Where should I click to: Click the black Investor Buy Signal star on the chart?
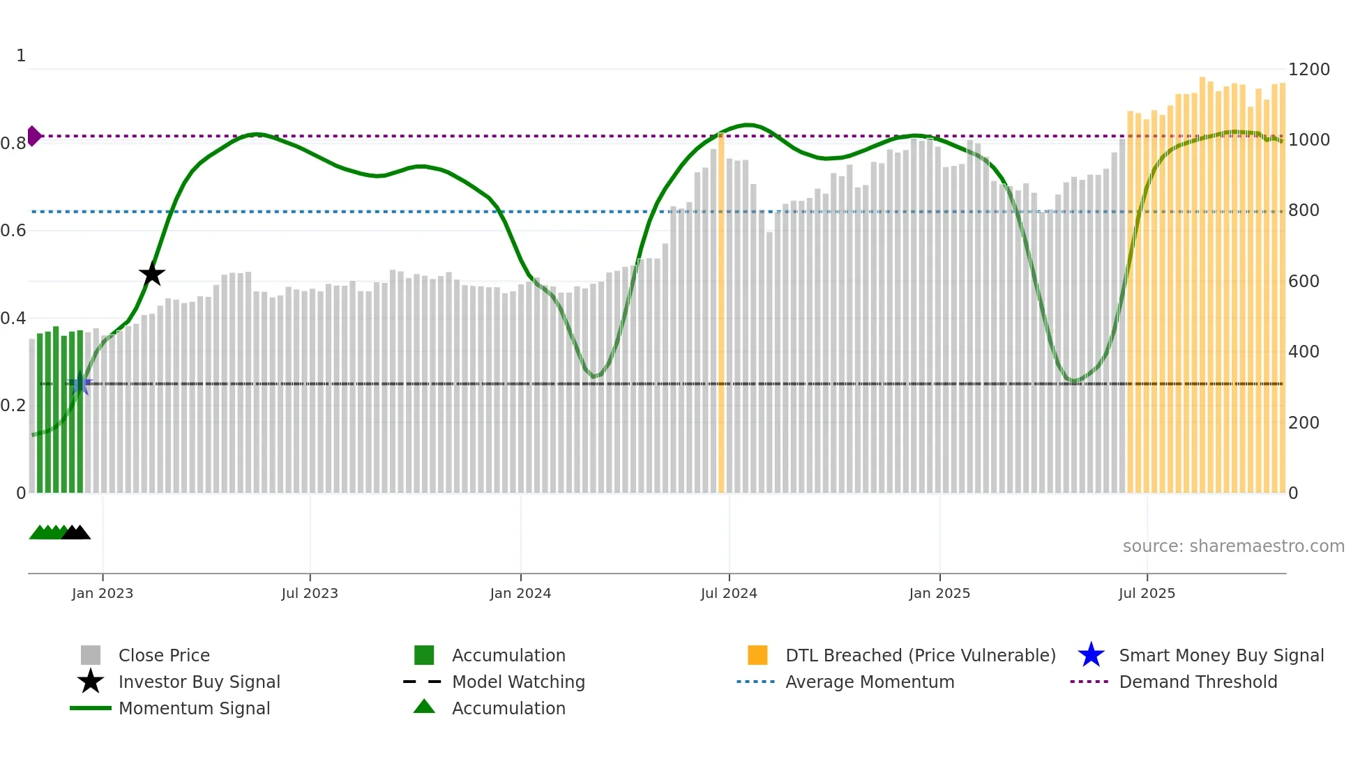pyautogui.click(x=152, y=274)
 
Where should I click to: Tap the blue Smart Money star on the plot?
pyautogui.click(x=80, y=384)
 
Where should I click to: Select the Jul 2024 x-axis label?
pyautogui.click(x=729, y=593)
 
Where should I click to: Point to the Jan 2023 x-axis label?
pyautogui.click(x=103, y=593)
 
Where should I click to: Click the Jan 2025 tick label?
pyautogui.click(x=939, y=593)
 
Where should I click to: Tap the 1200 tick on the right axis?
pyautogui.click(x=1308, y=70)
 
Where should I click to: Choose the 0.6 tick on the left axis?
pyautogui.click(x=14, y=231)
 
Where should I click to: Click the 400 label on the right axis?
pyautogui.click(x=1304, y=352)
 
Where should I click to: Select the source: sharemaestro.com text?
pyautogui.click(x=1233, y=546)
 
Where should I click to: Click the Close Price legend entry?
pyautogui.click(x=164, y=655)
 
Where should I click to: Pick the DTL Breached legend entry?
pyautogui.click(x=920, y=655)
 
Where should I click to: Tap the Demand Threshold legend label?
pyautogui.click(x=1198, y=682)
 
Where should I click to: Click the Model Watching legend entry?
pyautogui.click(x=518, y=682)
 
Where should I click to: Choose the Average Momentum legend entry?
pyautogui.click(x=870, y=682)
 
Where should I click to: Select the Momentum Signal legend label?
pyautogui.click(x=194, y=708)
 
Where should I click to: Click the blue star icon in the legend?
pyautogui.click(x=1091, y=655)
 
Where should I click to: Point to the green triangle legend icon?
pyautogui.click(x=424, y=707)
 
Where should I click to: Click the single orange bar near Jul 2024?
pyautogui.click(x=721, y=314)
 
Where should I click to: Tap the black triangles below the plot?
pyautogui.click(x=76, y=532)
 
